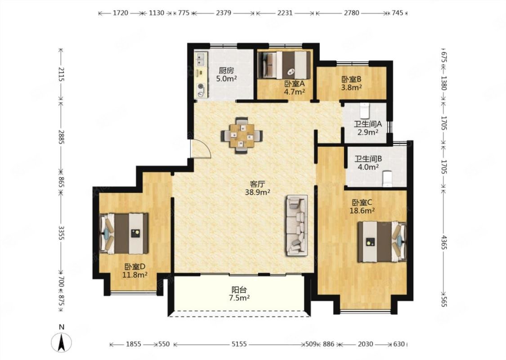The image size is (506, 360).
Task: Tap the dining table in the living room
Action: [x=242, y=135]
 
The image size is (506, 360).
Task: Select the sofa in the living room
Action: [x=296, y=225]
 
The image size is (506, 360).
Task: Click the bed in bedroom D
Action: [x=124, y=233]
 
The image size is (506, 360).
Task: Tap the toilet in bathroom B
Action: [x=387, y=179]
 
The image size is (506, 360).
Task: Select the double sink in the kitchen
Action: [x=201, y=59]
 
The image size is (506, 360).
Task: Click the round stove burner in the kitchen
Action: [x=201, y=86]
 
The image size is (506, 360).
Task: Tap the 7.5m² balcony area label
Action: [x=239, y=298]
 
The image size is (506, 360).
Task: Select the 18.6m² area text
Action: [x=362, y=211]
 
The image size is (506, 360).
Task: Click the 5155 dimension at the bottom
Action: [x=239, y=344]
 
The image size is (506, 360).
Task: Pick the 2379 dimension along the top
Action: [x=224, y=13]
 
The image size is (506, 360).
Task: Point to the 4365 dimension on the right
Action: [x=444, y=242]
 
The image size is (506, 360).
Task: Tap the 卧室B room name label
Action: [x=351, y=79]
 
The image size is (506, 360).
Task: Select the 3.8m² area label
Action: [x=351, y=87]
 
